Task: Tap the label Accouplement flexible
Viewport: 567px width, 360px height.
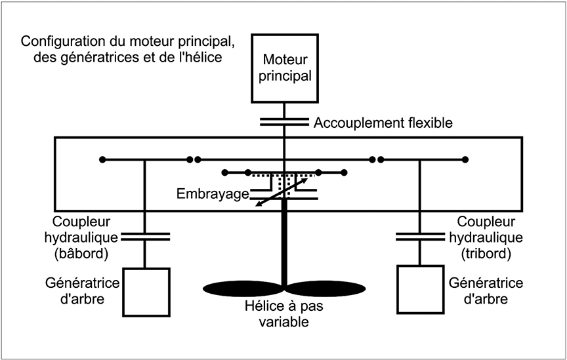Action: [383, 123]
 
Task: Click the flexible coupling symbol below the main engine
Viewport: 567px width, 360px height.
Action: [283, 122]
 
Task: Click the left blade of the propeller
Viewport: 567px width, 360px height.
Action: [243, 288]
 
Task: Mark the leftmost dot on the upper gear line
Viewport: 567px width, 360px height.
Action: [101, 159]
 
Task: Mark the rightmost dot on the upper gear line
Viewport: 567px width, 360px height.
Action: [465, 159]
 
